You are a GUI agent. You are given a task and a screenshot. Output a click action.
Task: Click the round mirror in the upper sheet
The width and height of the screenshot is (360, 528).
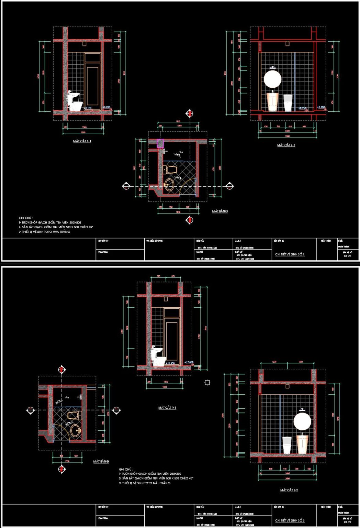(272, 79)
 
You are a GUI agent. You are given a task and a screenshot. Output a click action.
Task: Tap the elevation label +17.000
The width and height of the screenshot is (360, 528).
(189, 362)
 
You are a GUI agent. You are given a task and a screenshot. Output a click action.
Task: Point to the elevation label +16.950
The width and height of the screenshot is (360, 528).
(170, 363)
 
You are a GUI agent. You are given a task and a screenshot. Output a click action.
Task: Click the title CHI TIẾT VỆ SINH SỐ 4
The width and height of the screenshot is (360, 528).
(290, 254)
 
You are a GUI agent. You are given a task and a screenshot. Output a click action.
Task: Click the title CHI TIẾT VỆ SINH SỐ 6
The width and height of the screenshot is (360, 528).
(290, 520)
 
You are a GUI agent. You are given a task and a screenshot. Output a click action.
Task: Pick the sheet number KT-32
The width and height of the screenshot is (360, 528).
(347, 256)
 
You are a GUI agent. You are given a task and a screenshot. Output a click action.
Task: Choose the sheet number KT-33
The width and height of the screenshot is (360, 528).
(347, 522)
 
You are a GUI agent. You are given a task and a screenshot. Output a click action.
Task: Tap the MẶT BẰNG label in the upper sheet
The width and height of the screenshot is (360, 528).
(220, 211)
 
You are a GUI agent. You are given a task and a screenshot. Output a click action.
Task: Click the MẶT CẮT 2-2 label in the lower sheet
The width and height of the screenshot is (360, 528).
(289, 490)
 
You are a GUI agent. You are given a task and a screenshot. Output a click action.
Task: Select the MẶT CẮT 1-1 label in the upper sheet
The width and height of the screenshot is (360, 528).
(82, 141)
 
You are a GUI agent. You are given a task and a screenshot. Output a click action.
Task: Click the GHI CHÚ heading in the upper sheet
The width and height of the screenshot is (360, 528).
(25, 218)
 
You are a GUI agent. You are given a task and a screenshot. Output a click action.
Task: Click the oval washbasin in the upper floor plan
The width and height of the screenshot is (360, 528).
(169, 185)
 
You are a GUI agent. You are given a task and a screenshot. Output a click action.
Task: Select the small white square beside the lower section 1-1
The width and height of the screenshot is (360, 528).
(207, 382)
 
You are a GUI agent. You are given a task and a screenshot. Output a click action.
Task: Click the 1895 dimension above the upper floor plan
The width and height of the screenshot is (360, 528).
(178, 122)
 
